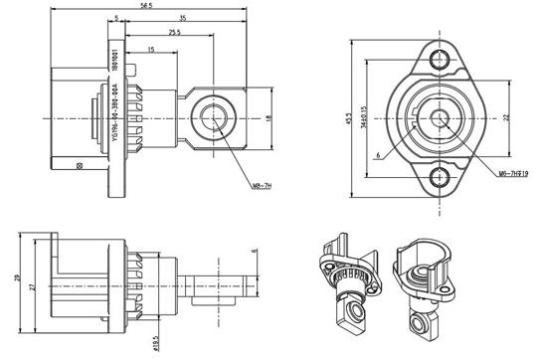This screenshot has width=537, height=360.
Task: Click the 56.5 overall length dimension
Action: tap(146, 6)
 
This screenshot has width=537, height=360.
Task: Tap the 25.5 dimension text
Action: tap(175, 34)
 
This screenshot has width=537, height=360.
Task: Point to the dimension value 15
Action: tap(149, 50)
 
